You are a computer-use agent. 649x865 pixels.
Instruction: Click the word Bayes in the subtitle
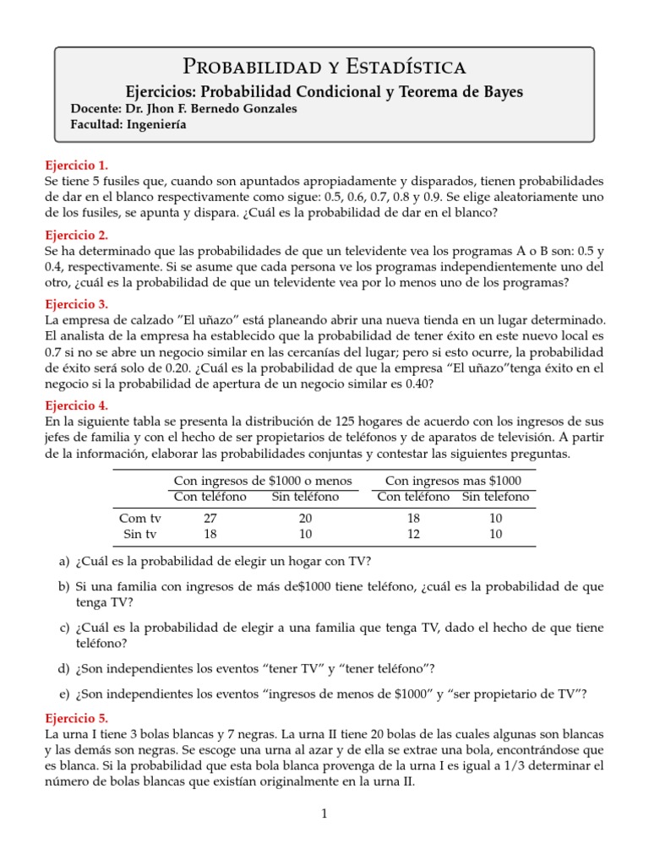pyautogui.click(x=501, y=91)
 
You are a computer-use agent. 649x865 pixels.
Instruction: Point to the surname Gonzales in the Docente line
pyautogui.click(x=261, y=109)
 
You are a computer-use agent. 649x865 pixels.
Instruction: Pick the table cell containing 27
pyautogui.click(x=210, y=518)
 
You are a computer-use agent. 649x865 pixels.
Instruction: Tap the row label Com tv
pyautogui.click(x=140, y=518)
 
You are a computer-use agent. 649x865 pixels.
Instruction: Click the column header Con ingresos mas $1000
pyautogui.click(x=448, y=481)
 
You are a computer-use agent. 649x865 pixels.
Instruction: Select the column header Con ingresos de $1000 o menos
pyautogui.click(x=263, y=481)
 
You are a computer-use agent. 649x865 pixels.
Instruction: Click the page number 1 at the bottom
pyautogui.click(x=324, y=814)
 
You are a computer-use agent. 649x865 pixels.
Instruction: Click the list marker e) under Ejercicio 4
pyautogui.click(x=63, y=694)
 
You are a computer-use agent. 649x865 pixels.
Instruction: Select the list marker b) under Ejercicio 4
pyautogui.click(x=63, y=586)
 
